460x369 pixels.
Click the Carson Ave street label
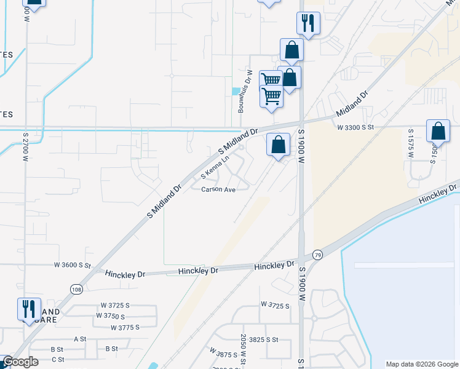(218, 190)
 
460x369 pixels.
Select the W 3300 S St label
(355, 127)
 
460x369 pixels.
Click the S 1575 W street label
(411, 144)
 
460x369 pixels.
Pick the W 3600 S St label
(73, 266)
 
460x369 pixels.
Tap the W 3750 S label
(114, 315)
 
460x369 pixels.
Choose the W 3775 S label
(126, 328)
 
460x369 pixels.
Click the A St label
(80, 339)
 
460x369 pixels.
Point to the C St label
(58, 359)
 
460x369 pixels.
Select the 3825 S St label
(264, 339)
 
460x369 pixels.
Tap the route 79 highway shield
(317, 255)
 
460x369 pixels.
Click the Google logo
(20, 362)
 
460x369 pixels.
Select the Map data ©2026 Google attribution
(422, 364)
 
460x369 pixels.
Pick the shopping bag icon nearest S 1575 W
(438, 131)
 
